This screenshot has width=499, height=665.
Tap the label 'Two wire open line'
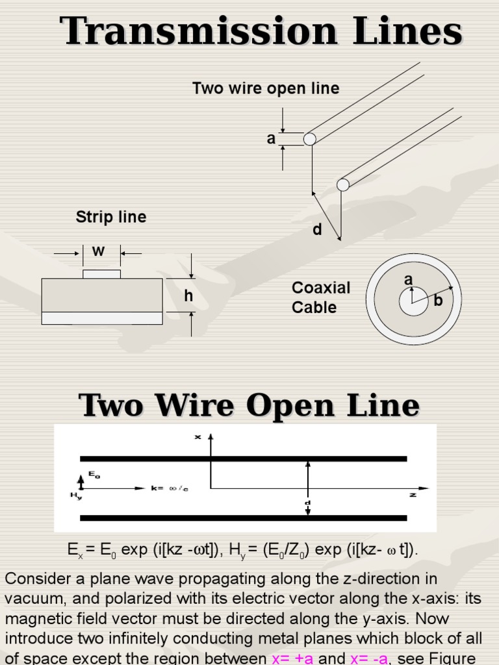[x=266, y=88]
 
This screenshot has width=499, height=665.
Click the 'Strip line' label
[x=111, y=217]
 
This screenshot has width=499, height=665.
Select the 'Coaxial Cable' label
[x=320, y=297]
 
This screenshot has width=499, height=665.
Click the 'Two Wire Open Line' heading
[x=249, y=405]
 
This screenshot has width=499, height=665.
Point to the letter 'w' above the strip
[x=99, y=251]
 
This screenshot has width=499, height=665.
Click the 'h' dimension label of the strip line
[x=188, y=296]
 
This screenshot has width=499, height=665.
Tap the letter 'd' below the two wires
[x=317, y=230]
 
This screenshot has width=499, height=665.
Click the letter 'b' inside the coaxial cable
[x=438, y=301]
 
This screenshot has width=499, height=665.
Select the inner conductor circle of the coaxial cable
[x=414, y=301]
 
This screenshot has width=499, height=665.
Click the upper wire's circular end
[x=310, y=139]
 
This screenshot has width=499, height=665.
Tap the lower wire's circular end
[x=343, y=185]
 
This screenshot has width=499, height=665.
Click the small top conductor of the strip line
[x=101, y=274]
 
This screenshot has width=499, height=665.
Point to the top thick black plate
[x=243, y=458]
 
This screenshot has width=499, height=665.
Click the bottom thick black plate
[x=243, y=518]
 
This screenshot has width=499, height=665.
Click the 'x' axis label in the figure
[x=198, y=437]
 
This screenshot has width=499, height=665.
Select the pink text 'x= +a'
[x=292, y=659]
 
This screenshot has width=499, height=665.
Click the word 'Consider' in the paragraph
[x=34, y=579]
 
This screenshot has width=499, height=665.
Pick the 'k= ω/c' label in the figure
[x=170, y=488]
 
